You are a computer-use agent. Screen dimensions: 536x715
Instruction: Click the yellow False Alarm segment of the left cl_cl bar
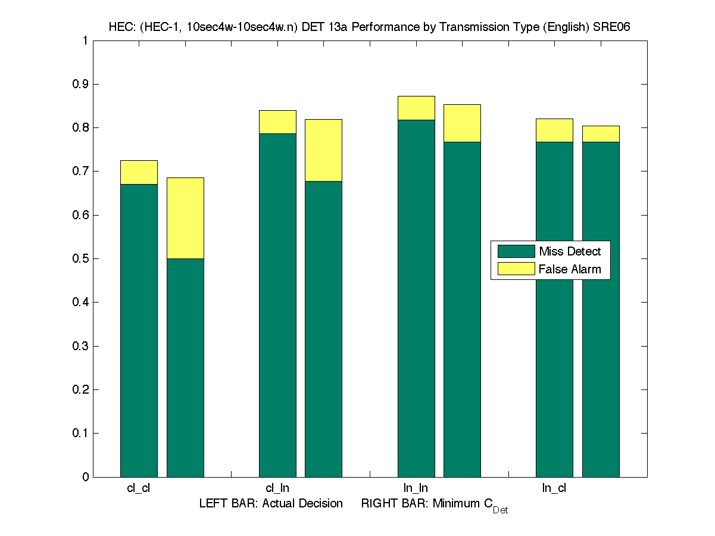click(139, 172)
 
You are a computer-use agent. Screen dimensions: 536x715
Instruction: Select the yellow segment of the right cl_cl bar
click(185, 218)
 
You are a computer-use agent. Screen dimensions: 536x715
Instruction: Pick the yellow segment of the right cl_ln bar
click(323, 150)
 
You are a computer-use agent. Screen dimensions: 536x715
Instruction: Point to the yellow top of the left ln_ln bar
click(416, 108)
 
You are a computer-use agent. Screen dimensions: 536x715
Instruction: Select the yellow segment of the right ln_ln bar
click(462, 123)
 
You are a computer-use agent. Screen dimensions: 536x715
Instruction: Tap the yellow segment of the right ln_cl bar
click(601, 133)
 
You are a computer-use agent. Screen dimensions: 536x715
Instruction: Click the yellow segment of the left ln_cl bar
click(554, 130)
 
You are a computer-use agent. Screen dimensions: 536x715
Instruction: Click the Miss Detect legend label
click(570, 251)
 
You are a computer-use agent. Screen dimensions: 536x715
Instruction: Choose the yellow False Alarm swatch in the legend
click(516, 269)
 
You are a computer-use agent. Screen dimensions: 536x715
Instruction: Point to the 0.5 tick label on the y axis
click(81, 258)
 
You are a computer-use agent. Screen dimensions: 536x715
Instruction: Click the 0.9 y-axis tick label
click(81, 84)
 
